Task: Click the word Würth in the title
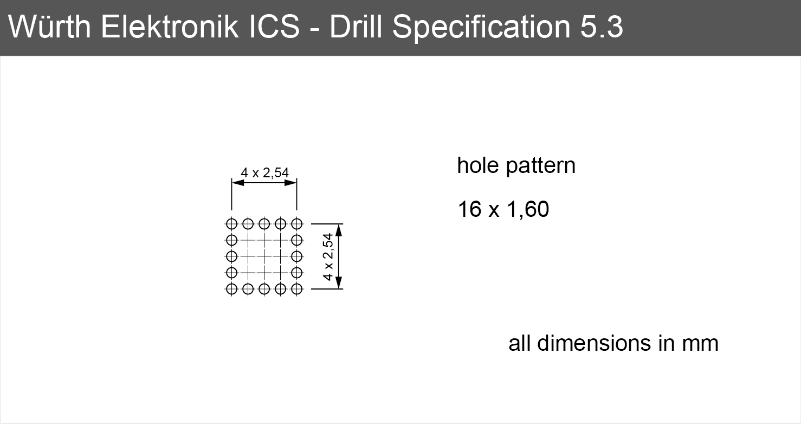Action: (x=49, y=27)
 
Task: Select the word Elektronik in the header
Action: (x=170, y=27)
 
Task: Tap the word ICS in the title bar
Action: (x=274, y=27)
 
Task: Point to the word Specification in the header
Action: (x=481, y=29)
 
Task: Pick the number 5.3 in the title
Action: (x=602, y=27)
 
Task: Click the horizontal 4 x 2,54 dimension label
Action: (x=264, y=173)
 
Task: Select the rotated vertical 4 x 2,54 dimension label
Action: (x=328, y=256)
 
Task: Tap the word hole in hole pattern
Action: (x=478, y=165)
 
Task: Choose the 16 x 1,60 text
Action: (x=503, y=209)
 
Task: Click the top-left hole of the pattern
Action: (x=232, y=224)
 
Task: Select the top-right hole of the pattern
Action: (x=297, y=224)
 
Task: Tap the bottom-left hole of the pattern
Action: (x=232, y=289)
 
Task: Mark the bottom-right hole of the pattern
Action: (x=297, y=289)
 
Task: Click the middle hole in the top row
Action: (x=264, y=224)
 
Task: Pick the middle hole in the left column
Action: (x=232, y=256)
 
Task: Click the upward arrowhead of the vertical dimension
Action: (x=339, y=230)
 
